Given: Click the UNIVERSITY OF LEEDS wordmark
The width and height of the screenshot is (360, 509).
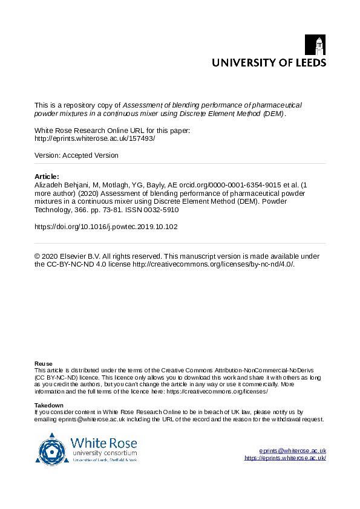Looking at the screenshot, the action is (x=268, y=62).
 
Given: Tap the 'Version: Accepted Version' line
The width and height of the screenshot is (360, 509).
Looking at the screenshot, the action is (x=76, y=155).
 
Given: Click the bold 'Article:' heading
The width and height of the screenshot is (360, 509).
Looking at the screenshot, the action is (x=47, y=176).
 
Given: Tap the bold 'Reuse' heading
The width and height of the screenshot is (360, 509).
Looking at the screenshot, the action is (x=44, y=363).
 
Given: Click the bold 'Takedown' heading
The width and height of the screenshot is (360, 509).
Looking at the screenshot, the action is (x=49, y=405).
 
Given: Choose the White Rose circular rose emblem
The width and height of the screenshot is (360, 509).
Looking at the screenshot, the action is (x=53, y=449).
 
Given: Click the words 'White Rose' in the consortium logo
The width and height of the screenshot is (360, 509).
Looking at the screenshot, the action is (x=103, y=442).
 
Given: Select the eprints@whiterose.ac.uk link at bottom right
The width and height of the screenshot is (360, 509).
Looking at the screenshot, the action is (x=292, y=450).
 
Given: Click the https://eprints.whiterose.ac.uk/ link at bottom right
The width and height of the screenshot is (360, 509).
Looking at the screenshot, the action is (x=285, y=458).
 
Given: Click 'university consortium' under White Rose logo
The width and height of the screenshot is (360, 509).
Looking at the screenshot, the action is (x=104, y=453).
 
